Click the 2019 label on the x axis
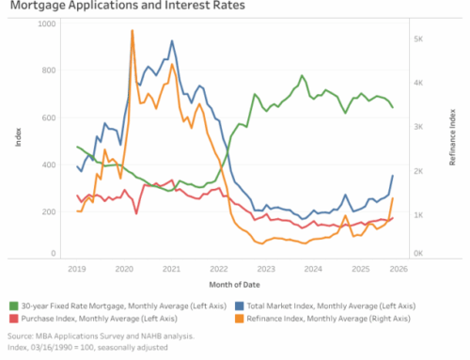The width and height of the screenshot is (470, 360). [76, 268]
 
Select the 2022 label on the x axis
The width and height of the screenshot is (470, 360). [218, 268]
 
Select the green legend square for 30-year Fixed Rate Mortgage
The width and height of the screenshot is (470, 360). [13, 305]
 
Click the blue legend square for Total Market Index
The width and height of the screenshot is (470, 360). [241, 305]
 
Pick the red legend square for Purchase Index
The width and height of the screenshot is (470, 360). [13, 320]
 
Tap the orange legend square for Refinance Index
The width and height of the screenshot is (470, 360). [241, 320]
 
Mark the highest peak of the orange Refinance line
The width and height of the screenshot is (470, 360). [132, 31]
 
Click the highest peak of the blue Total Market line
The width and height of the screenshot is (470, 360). [171, 41]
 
